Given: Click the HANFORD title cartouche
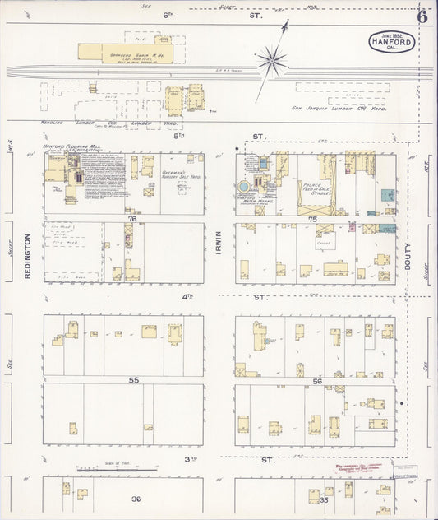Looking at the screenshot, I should [x=391, y=41].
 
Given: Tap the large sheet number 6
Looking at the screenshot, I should [x=422, y=16].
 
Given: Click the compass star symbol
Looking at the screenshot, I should [x=271, y=59].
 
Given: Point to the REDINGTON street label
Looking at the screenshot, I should [x=27, y=255].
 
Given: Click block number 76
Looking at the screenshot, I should [x=131, y=219].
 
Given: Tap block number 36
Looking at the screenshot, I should [x=136, y=499].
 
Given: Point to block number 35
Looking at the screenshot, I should [x=325, y=499].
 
